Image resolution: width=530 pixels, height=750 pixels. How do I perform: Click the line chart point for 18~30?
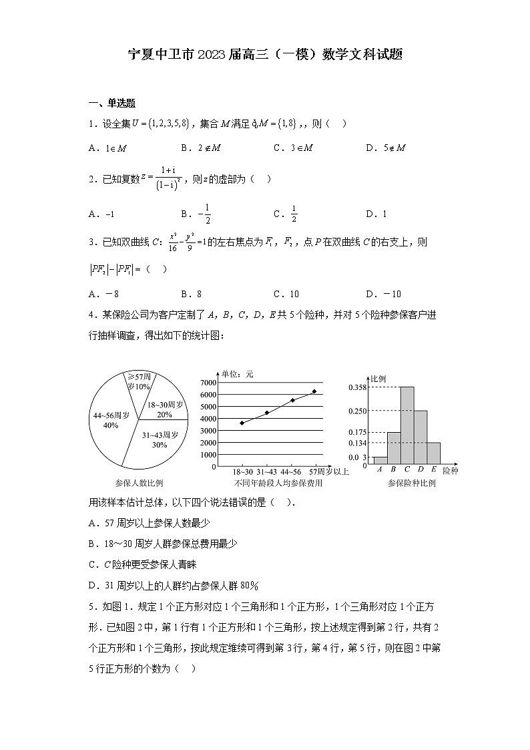[242, 423]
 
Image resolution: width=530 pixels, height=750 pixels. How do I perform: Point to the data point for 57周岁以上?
[314, 391]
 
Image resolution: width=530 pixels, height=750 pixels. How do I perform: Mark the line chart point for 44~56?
[292, 400]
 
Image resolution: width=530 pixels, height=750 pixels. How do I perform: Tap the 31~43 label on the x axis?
[266, 472]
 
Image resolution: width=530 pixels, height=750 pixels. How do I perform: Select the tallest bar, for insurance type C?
[407, 425]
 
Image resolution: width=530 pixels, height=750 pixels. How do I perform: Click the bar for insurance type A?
[380, 459]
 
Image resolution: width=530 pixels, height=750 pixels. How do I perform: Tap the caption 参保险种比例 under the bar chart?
[411, 483]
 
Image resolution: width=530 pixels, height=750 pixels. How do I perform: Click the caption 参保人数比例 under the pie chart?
[139, 483]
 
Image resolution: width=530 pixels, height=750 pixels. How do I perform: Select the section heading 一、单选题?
[112, 103]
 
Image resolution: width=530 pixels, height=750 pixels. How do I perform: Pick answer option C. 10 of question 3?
[286, 294]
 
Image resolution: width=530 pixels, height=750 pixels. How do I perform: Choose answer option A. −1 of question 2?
[102, 214]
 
